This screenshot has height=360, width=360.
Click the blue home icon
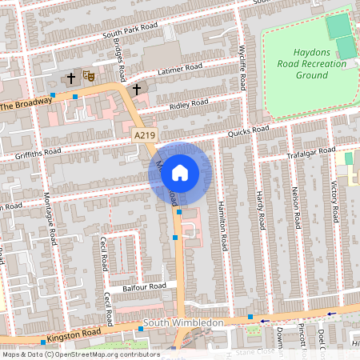click(180, 172)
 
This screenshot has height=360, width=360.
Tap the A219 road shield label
click(144, 137)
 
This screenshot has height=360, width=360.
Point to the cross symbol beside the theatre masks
click(71, 78)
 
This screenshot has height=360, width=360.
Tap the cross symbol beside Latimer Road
click(137, 88)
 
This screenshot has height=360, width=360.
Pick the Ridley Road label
click(188, 105)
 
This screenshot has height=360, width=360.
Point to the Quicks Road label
click(248, 130)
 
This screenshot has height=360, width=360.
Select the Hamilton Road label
click(222, 223)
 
